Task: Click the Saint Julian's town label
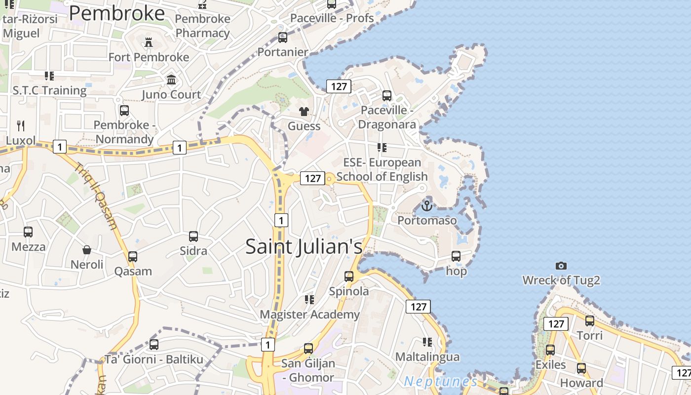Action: click(304, 246)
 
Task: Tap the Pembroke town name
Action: click(116, 13)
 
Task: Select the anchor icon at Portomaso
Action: click(427, 205)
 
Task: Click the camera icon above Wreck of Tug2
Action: click(561, 266)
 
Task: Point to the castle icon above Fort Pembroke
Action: click(148, 42)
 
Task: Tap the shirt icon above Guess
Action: click(304, 112)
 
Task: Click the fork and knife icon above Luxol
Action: click(21, 125)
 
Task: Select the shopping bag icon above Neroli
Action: click(87, 250)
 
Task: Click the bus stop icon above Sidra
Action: click(193, 237)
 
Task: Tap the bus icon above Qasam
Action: click(133, 257)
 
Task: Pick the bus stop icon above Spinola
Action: click(349, 276)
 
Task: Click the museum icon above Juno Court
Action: click(171, 79)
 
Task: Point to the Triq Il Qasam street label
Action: click(97, 196)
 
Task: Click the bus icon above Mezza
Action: click(28, 232)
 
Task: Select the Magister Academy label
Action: click(309, 315)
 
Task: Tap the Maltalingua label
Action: click(427, 356)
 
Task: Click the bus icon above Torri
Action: click(590, 321)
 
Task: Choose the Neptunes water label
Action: click(440, 382)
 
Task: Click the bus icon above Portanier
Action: click(283, 38)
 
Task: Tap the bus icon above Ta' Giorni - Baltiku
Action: click(154, 345)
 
